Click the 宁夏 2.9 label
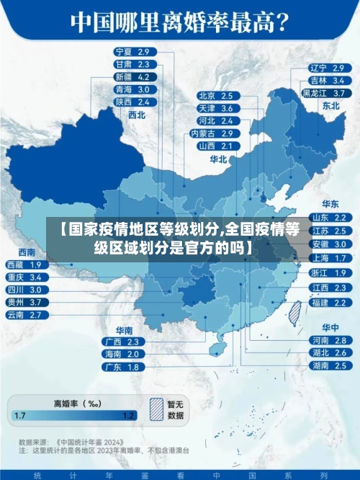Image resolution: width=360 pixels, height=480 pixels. pyautogui.click(x=132, y=52)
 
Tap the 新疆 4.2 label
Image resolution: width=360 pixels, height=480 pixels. pyautogui.click(x=132, y=77)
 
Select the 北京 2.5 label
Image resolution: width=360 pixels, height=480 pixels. pyautogui.click(x=215, y=96)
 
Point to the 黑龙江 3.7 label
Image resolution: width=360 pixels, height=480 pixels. pyautogui.click(x=326, y=93)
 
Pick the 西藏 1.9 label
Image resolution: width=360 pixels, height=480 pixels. pyautogui.click(x=23, y=265)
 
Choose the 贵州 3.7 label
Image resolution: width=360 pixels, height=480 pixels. pyautogui.click(x=23, y=302)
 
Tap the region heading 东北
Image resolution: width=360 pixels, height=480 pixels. pyautogui.click(x=330, y=105)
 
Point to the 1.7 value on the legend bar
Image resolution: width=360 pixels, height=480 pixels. pyautogui.click(x=20, y=416)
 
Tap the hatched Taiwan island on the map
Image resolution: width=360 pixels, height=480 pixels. pyautogui.click(x=294, y=311)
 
